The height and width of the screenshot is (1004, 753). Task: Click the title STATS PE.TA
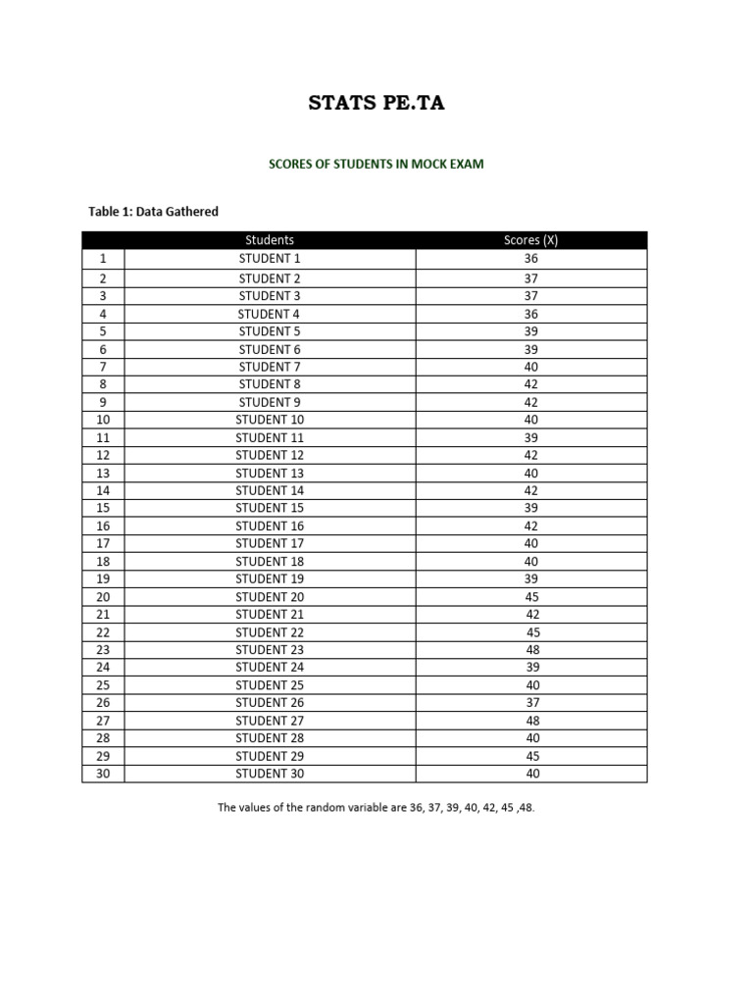click(x=376, y=103)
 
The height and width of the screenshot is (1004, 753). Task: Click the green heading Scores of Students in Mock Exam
click(x=376, y=164)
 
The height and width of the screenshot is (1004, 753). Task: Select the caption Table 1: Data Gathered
click(x=154, y=211)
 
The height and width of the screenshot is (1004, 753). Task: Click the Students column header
click(x=270, y=240)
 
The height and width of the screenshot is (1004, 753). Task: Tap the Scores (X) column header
click(x=530, y=240)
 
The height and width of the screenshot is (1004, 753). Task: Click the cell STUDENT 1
click(x=270, y=259)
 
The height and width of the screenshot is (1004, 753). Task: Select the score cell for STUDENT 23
click(x=531, y=650)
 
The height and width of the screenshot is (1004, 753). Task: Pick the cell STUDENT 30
click(x=270, y=774)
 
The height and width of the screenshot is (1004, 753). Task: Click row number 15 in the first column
click(x=103, y=508)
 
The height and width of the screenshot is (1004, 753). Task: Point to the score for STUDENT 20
click(x=531, y=597)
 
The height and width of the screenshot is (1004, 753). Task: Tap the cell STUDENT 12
click(x=270, y=455)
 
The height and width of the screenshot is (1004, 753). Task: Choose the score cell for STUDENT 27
click(x=531, y=721)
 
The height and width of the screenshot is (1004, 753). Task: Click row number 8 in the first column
click(x=103, y=384)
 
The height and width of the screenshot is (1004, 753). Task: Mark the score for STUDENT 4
click(x=531, y=314)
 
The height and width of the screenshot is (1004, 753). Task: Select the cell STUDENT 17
click(x=270, y=543)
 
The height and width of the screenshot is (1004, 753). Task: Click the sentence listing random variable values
click(x=376, y=809)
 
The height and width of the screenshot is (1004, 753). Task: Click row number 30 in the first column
click(x=103, y=774)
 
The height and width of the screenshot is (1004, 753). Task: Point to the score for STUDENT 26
click(x=531, y=703)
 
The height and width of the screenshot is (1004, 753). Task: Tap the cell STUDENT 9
click(x=270, y=402)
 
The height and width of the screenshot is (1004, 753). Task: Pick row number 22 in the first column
click(x=103, y=632)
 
